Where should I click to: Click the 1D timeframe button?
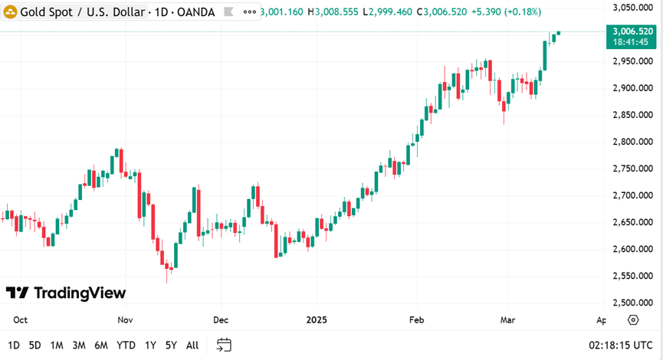(x=14, y=345)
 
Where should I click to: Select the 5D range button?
(x=35, y=345)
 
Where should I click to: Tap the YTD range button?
(x=126, y=345)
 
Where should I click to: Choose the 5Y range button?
(x=171, y=345)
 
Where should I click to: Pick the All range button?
(x=192, y=345)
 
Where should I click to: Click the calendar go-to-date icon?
(x=224, y=345)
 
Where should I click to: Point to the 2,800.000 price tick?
(x=633, y=142)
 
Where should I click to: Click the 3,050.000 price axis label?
(x=633, y=8)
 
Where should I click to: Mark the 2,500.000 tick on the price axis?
(x=633, y=303)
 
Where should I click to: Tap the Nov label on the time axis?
(x=126, y=320)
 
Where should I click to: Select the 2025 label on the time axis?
(x=317, y=320)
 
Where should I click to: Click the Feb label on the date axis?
(x=416, y=320)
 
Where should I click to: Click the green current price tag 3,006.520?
(x=633, y=31)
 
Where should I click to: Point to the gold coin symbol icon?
(x=11, y=12)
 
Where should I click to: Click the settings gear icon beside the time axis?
(x=633, y=320)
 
